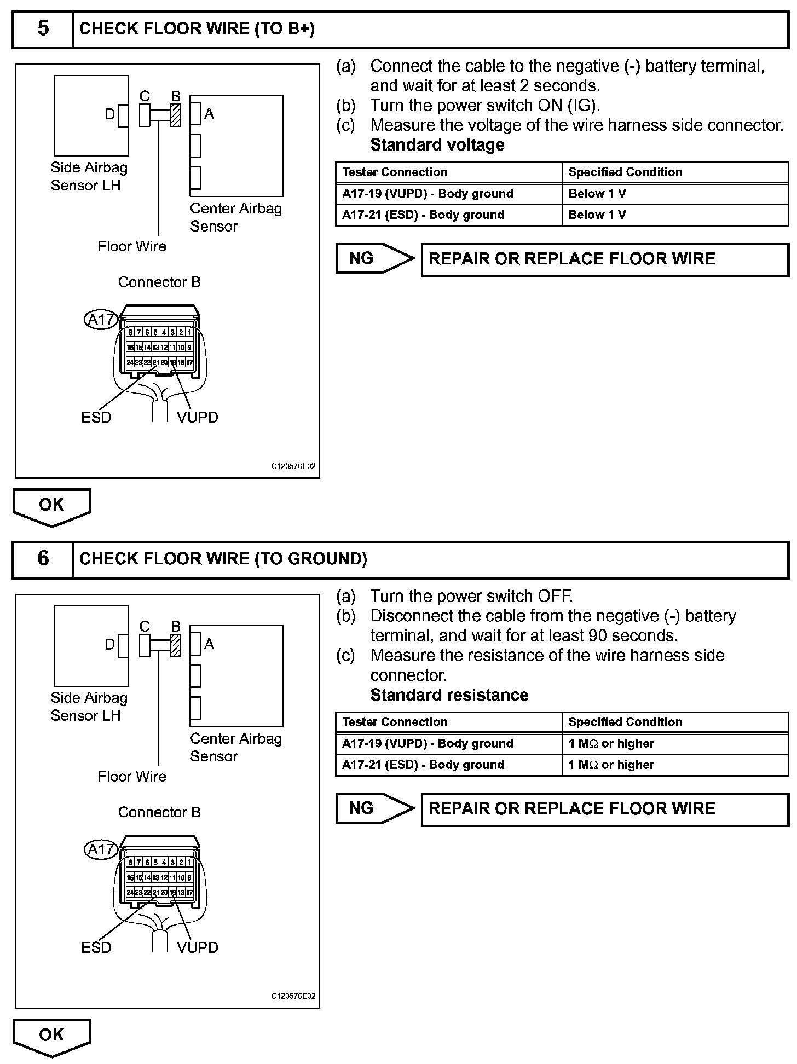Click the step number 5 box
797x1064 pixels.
click(43, 28)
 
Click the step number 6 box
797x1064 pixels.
click(43, 558)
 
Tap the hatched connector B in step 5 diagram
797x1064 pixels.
click(176, 115)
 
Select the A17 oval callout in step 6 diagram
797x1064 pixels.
click(101, 849)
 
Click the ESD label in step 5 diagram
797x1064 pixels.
click(96, 418)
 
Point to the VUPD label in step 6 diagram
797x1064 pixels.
click(198, 947)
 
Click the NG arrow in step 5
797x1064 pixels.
click(375, 258)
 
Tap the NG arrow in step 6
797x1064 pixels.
click(375, 808)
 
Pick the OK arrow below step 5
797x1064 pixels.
click(51, 506)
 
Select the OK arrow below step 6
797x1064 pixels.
click(51, 1036)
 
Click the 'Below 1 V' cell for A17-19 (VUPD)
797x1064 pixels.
click(597, 194)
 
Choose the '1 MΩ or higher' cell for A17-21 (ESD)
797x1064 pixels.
click(611, 765)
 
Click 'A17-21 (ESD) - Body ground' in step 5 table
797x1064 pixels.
click(423, 215)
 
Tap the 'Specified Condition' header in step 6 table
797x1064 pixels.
click(625, 722)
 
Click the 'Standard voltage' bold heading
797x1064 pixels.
click(437, 145)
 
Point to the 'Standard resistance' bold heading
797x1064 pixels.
click(449, 695)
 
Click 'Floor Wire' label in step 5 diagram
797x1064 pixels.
click(132, 246)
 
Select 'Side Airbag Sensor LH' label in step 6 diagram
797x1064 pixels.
click(89, 707)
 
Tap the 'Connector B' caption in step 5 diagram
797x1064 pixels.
click(159, 282)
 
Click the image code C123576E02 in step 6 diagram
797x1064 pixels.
click(293, 996)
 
